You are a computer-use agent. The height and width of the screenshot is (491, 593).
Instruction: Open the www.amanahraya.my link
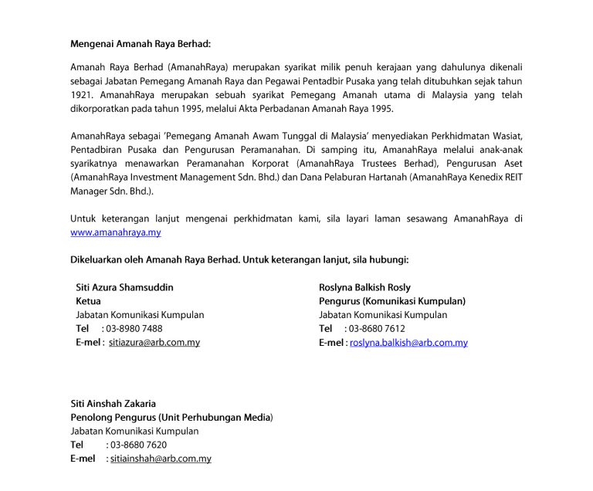(x=115, y=232)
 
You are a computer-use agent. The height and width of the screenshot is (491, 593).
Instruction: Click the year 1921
(x=80, y=95)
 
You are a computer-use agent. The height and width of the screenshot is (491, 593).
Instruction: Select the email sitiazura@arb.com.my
(x=154, y=342)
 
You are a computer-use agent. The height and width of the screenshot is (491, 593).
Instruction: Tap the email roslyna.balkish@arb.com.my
(x=408, y=343)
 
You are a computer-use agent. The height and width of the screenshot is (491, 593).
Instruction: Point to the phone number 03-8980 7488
(x=134, y=328)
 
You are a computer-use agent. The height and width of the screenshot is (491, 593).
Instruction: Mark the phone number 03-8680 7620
(x=138, y=445)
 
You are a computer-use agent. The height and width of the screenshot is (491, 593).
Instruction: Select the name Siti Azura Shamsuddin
(x=124, y=287)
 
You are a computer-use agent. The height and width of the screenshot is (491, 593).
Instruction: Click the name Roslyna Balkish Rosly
(x=364, y=287)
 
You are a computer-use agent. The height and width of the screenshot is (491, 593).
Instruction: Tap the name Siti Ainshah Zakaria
(x=113, y=403)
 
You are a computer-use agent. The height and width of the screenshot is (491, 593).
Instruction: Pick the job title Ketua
(x=88, y=301)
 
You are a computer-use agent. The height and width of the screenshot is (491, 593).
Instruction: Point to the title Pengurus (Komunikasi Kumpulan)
(x=391, y=301)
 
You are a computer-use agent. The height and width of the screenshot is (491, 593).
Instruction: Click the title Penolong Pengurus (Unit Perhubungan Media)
(x=171, y=417)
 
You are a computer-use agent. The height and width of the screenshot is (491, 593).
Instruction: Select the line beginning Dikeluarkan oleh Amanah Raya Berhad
(x=239, y=259)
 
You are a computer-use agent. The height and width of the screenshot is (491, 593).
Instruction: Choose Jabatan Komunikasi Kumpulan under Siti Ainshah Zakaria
(x=134, y=431)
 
